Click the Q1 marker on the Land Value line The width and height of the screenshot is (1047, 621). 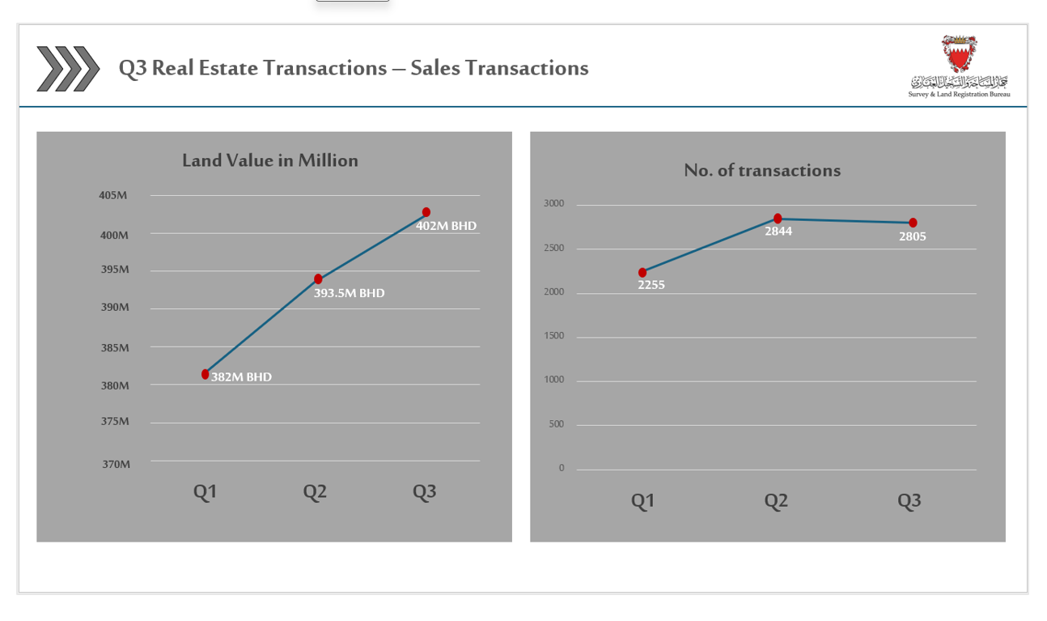click(206, 374)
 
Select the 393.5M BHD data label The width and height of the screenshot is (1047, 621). click(349, 293)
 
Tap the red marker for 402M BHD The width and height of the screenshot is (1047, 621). click(426, 212)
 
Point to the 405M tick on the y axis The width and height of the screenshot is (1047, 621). click(113, 195)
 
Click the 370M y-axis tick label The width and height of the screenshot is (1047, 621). click(116, 464)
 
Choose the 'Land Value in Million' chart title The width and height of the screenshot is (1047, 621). click(270, 160)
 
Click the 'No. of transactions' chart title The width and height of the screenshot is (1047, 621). click(762, 170)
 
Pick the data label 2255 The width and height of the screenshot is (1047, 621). click(651, 285)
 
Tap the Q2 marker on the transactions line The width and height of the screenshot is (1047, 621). click(778, 219)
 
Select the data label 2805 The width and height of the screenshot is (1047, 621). click(913, 236)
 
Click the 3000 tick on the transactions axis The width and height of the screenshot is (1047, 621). click(554, 203)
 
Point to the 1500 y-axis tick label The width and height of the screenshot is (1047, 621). click(554, 336)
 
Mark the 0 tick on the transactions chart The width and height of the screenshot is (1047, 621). click(562, 468)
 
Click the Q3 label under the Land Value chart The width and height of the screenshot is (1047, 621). click(424, 491)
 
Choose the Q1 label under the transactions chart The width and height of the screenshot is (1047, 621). click(642, 500)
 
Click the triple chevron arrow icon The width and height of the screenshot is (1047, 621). click(68, 68)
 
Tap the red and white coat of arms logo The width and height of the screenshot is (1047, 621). click(959, 53)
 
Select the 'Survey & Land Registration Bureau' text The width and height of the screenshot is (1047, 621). click(959, 94)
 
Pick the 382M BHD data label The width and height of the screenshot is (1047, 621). click(241, 377)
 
